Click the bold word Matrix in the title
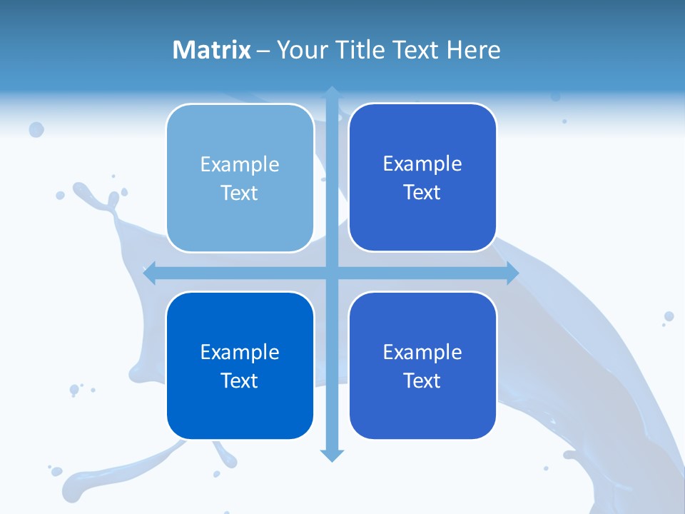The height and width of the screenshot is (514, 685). point(212,50)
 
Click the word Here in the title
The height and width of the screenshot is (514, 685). point(473,50)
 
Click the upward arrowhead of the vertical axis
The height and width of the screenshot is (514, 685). point(332,93)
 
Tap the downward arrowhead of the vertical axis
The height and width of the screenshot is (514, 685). point(332,455)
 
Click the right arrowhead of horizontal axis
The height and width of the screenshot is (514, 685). point(512,273)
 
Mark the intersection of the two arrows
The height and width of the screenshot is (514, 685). point(332,273)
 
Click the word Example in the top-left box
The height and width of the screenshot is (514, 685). point(240,165)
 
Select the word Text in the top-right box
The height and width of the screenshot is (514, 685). point(422,193)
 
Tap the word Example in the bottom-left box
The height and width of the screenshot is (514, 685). point(240,353)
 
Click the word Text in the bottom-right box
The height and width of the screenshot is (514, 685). point(422,381)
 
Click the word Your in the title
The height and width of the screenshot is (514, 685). point(298,50)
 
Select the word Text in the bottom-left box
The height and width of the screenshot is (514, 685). point(240,381)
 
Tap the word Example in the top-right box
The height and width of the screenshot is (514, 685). point(422,164)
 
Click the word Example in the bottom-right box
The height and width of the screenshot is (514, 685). point(422,353)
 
